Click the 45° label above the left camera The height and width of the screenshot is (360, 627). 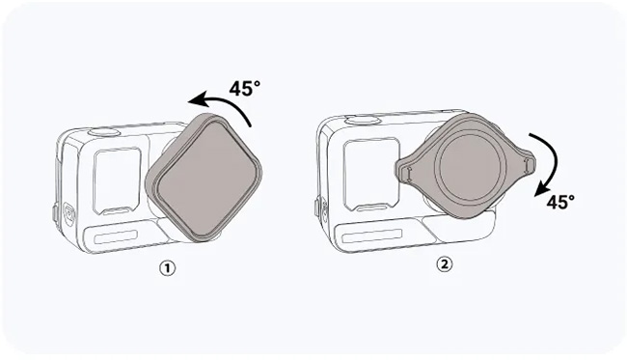(244, 89)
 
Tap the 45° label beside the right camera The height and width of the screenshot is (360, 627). (560, 202)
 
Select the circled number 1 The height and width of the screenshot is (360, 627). (168, 268)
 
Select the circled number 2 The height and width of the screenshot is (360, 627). (444, 264)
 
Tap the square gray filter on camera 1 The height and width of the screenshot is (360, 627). (204, 178)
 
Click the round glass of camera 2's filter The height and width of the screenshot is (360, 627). (470, 165)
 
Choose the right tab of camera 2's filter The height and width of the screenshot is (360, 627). (527, 163)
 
